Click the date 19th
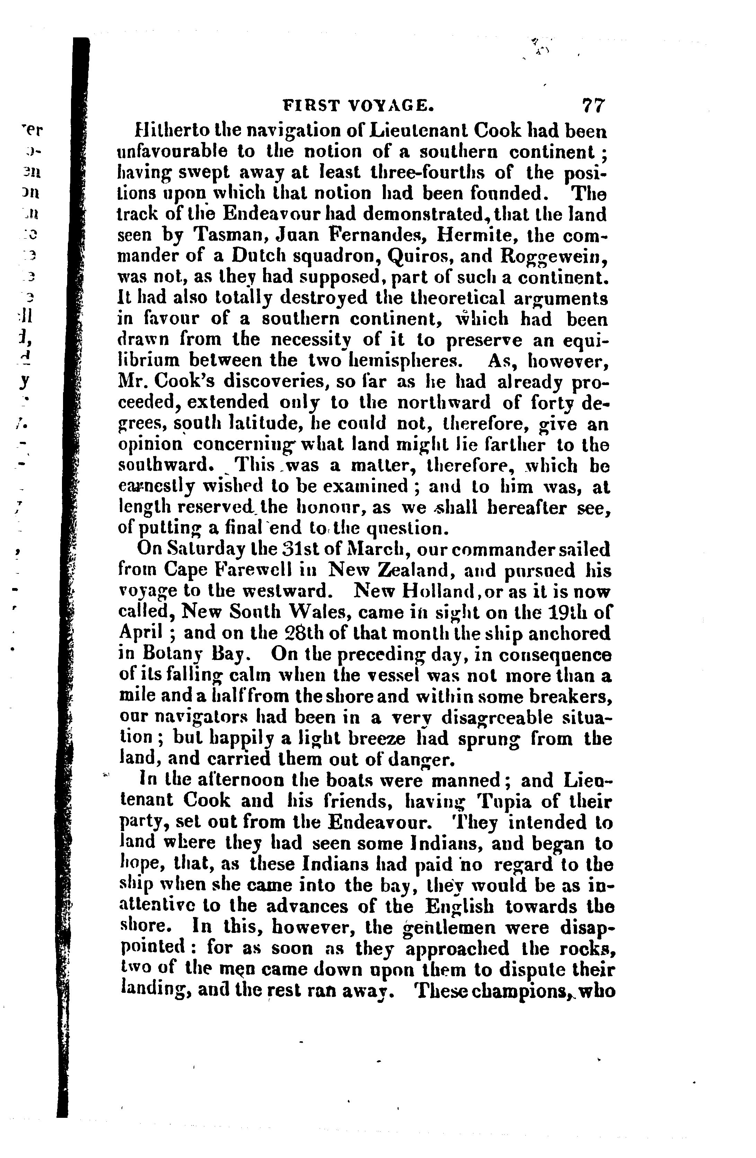(569, 612)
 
